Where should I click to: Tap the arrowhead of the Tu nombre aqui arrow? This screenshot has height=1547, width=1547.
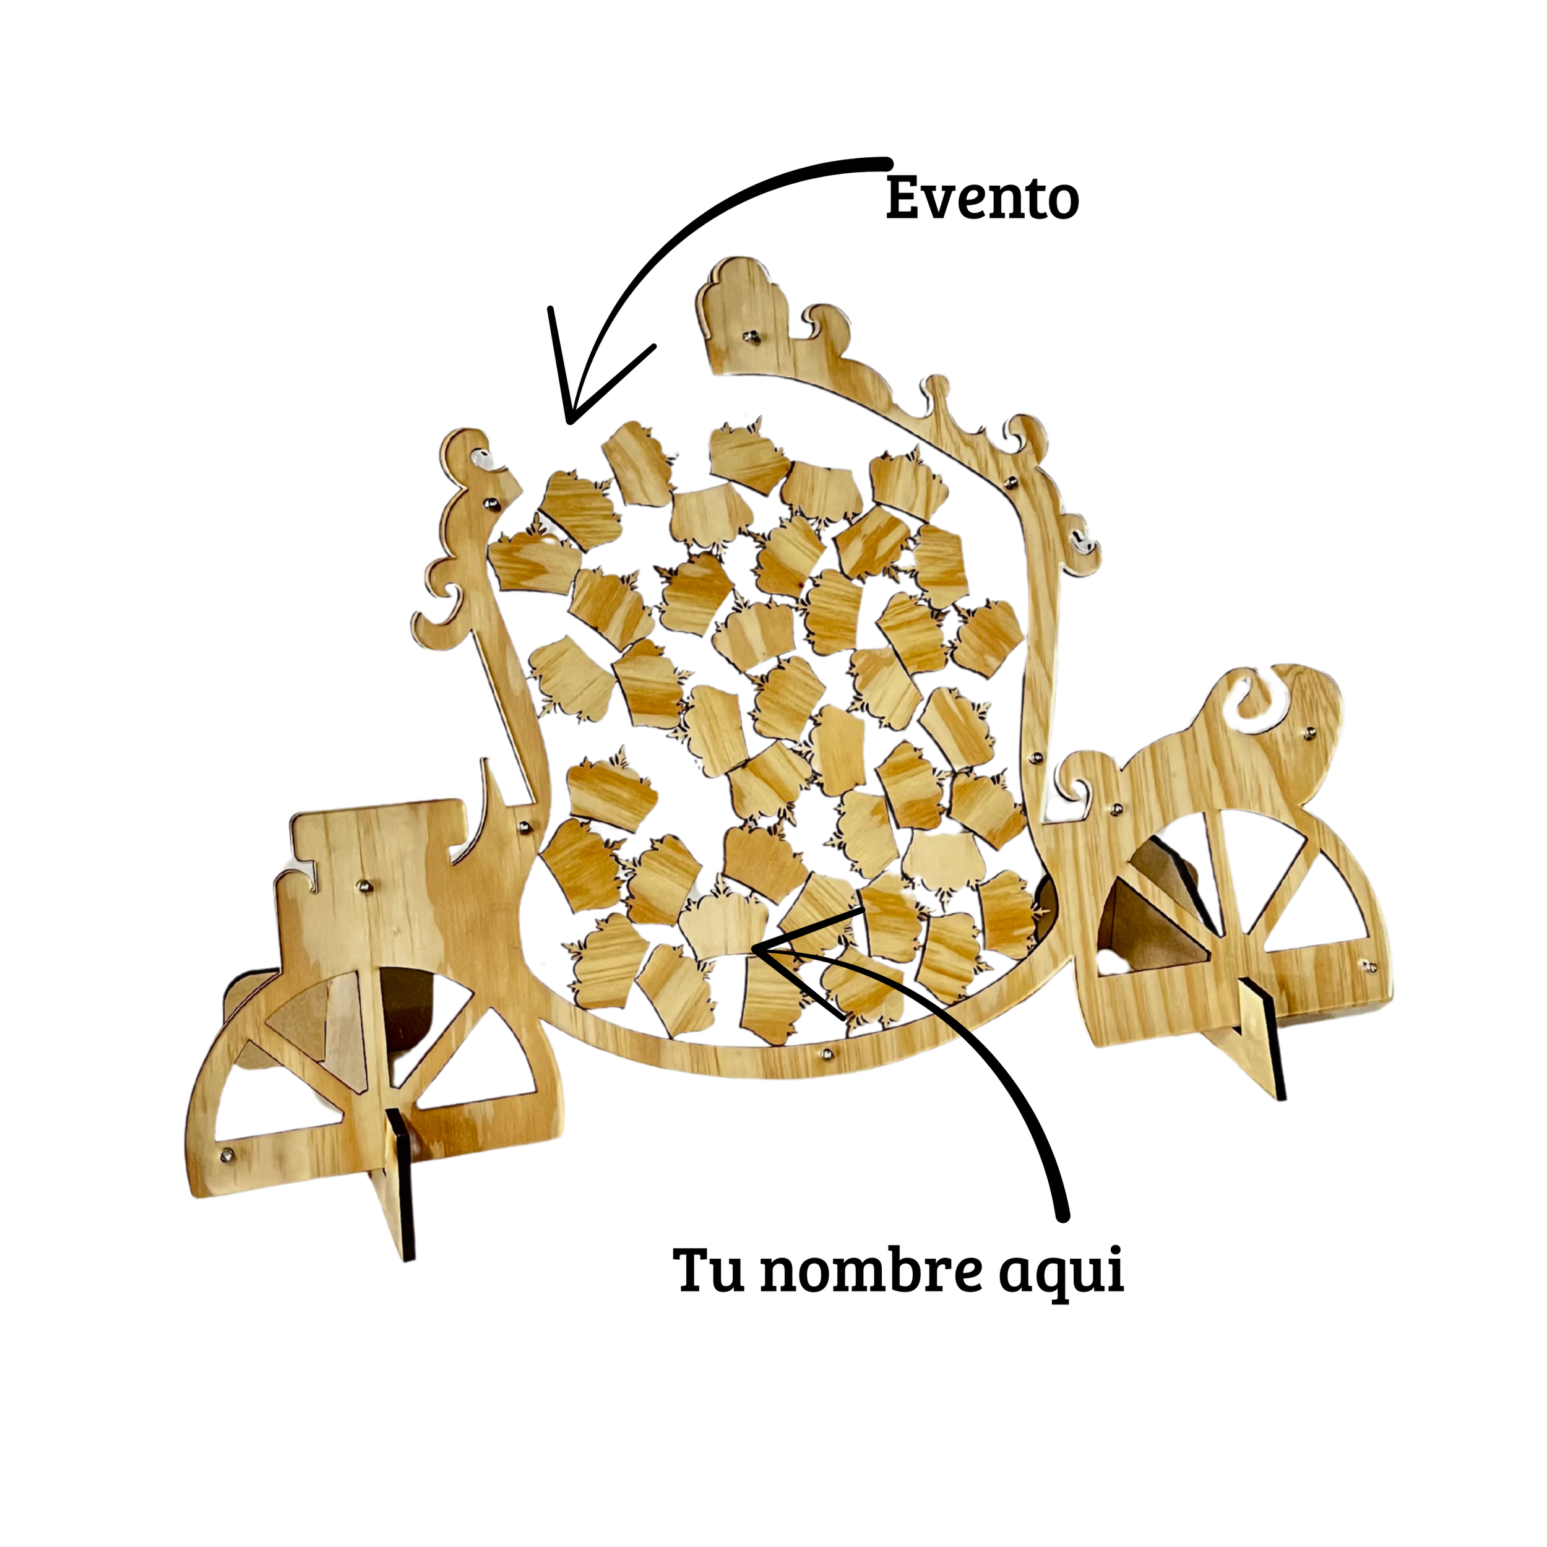[x=757, y=949]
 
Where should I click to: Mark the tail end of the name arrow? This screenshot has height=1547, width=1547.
[x=1063, y=1217]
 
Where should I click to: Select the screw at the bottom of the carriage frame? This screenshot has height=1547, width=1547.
[x=826, y=1049]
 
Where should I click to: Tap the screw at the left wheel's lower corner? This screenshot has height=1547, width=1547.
[x=227, y=1153]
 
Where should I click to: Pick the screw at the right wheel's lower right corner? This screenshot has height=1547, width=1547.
[x=1368, y=967]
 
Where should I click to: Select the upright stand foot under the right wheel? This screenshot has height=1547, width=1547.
[x=1262, y=1041]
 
